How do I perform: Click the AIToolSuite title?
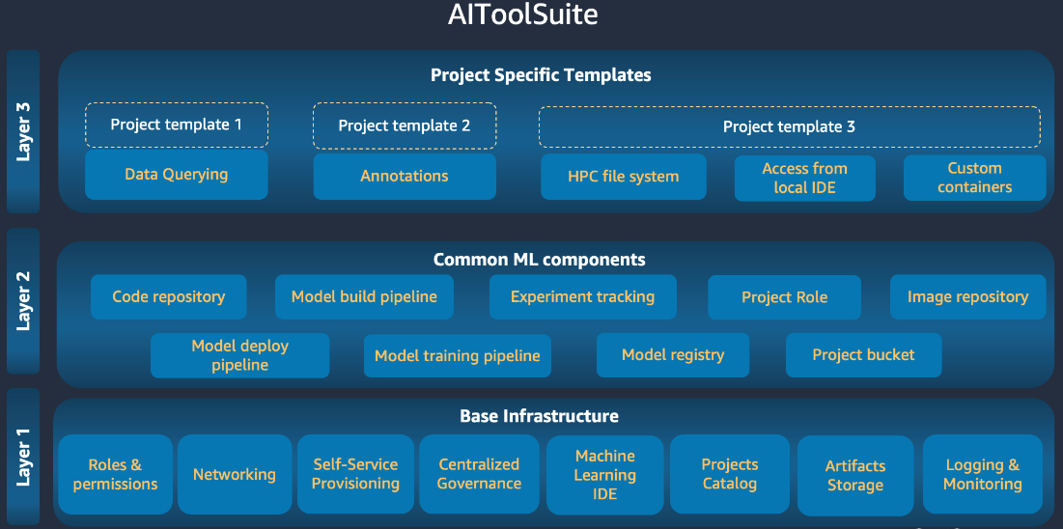pyautogui.click(x=522, y=14)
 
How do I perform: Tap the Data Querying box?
pyautogui.click(x=177, y=175)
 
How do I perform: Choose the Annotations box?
pyautogui.click(x=405, y=177)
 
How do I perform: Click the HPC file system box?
pyautogui.click(x=624, y=177)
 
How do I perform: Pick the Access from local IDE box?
pyautogui.click(x=804, y=179)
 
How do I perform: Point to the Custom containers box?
pyautogui.click(x=975, y=178)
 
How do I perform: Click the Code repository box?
pyautogui.click(x=169, y=296)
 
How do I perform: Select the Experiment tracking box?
pyautogui.click(x=583, y=296)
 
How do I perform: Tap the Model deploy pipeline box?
pyautogui.click(x=240, y=355)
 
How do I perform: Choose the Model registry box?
pyautogui.click(x=673, y=354)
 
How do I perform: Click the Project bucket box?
pyautogui.click(x=864, y=354)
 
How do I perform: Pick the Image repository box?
pyautogui.click(x=968, y=296)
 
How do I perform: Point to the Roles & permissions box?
pyautogui.click(x=115, y=474)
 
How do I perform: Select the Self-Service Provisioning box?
pyautogui.click(x=356, y=474)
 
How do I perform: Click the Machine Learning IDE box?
pyautogui.click(x=605, y=475)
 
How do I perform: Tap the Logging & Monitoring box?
pyautogui.click(x=983, y=475)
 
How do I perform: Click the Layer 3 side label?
pyautogui.click(x=23, y=131)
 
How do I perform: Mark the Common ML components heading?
pyautogui.click(x=539, y=259)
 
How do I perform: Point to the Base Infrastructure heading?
pyautogui.click(x=539, y=415)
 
